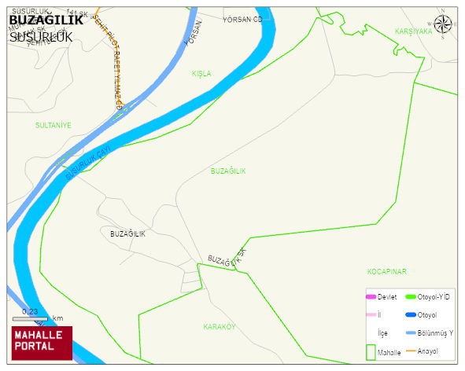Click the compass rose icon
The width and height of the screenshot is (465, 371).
click(x=443, y=24)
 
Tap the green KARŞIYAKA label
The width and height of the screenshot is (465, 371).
click(x=413, y=31)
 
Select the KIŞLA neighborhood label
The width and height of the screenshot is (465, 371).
click(x=201, y=73)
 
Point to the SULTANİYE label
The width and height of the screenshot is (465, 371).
click(x=54, y=125)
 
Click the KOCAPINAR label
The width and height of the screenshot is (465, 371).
click(x=386, y=271)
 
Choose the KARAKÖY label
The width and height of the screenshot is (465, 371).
click(x=220, y=326)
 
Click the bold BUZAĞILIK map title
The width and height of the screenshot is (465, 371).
click(x=46, y=20)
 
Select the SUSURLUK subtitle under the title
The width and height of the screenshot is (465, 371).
click(x=41, y=36)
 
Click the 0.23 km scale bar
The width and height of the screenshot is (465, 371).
click(x=38, y=317)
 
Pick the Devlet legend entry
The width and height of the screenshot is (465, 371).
click(x=381, y=296)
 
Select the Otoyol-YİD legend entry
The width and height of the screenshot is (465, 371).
click(x=428, y=296)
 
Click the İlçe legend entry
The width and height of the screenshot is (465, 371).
click(x=382, y=332)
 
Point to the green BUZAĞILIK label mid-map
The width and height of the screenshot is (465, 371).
click(x=228, y=171)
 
